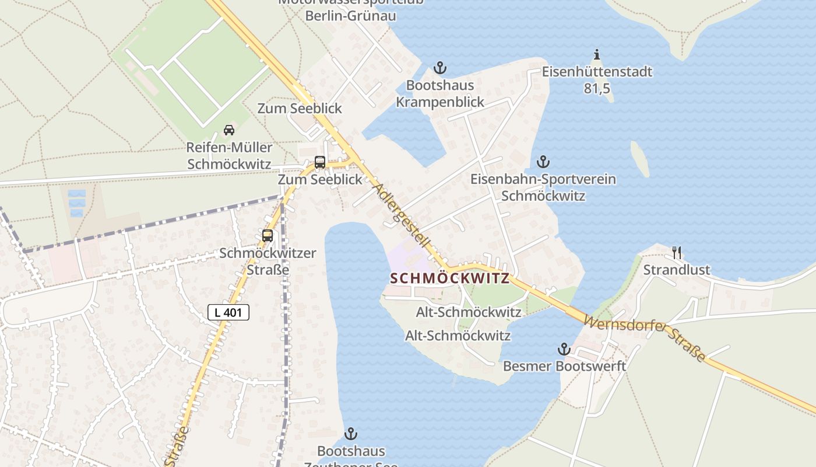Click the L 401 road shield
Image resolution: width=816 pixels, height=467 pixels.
[228, 312]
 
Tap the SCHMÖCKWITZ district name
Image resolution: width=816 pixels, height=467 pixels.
[449, 278]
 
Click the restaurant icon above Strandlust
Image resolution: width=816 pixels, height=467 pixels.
[677, 252]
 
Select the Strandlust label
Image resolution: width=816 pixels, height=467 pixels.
[677, 270]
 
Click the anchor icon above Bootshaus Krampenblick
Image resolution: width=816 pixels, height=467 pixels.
[440, 68]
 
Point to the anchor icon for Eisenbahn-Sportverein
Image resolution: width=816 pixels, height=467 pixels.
[543, 162]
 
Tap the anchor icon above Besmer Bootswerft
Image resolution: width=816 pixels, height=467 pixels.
[564, 349]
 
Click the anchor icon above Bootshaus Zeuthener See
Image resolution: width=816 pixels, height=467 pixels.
[350, 434]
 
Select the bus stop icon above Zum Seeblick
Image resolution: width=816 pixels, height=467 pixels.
[319, 162]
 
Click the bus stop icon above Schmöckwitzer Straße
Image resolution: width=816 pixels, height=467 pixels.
[268, 236]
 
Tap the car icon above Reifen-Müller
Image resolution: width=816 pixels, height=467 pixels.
[229, 130]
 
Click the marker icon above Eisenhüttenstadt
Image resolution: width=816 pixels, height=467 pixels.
[596, 55]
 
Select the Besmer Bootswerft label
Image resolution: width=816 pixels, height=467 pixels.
[564, 366]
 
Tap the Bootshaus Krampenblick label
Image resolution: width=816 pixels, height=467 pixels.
[440, 93]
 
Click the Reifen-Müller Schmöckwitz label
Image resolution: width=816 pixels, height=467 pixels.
[229, 155]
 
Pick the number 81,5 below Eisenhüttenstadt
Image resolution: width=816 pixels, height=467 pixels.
[597, 89]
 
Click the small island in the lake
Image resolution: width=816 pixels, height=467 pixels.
[640, 158]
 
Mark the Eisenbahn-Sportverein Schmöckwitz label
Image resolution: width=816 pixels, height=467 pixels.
[543, 187]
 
